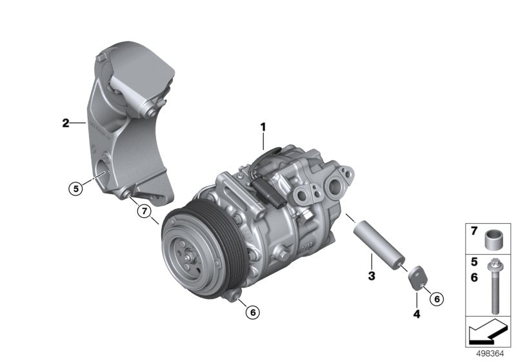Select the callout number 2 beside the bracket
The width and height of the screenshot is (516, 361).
[66, 122]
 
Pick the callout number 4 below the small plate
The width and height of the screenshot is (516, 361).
[417, 314]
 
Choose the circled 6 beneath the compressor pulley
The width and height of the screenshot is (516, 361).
[252, 312]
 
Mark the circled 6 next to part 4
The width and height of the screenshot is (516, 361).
[436, 298]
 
